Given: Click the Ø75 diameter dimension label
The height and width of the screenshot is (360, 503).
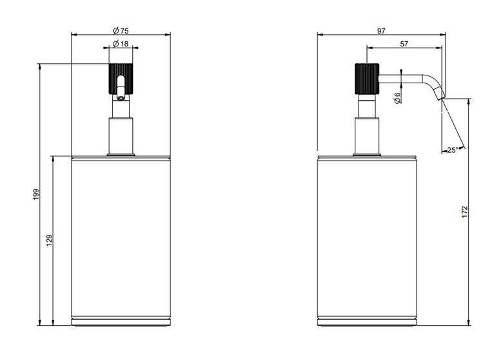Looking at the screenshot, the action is tap(121, 31).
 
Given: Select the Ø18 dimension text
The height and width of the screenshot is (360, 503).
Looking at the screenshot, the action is tap(121, 43).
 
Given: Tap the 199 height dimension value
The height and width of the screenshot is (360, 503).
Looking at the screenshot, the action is tap(35, 194).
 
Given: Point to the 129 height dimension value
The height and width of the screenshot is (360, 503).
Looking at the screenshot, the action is tap(49, 240).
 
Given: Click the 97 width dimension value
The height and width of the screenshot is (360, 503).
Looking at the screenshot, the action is tap(380, 31).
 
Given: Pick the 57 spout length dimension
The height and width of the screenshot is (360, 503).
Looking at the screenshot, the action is tap(404, 44).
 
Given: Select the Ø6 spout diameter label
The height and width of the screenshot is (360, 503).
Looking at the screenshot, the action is tap(397, 98).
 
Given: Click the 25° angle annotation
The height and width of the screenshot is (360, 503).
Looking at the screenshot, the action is tap(453, 150).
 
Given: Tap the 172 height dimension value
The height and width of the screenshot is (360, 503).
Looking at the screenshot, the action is tap(465, 212).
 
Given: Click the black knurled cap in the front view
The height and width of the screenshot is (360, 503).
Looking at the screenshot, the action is tap(121, 79).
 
